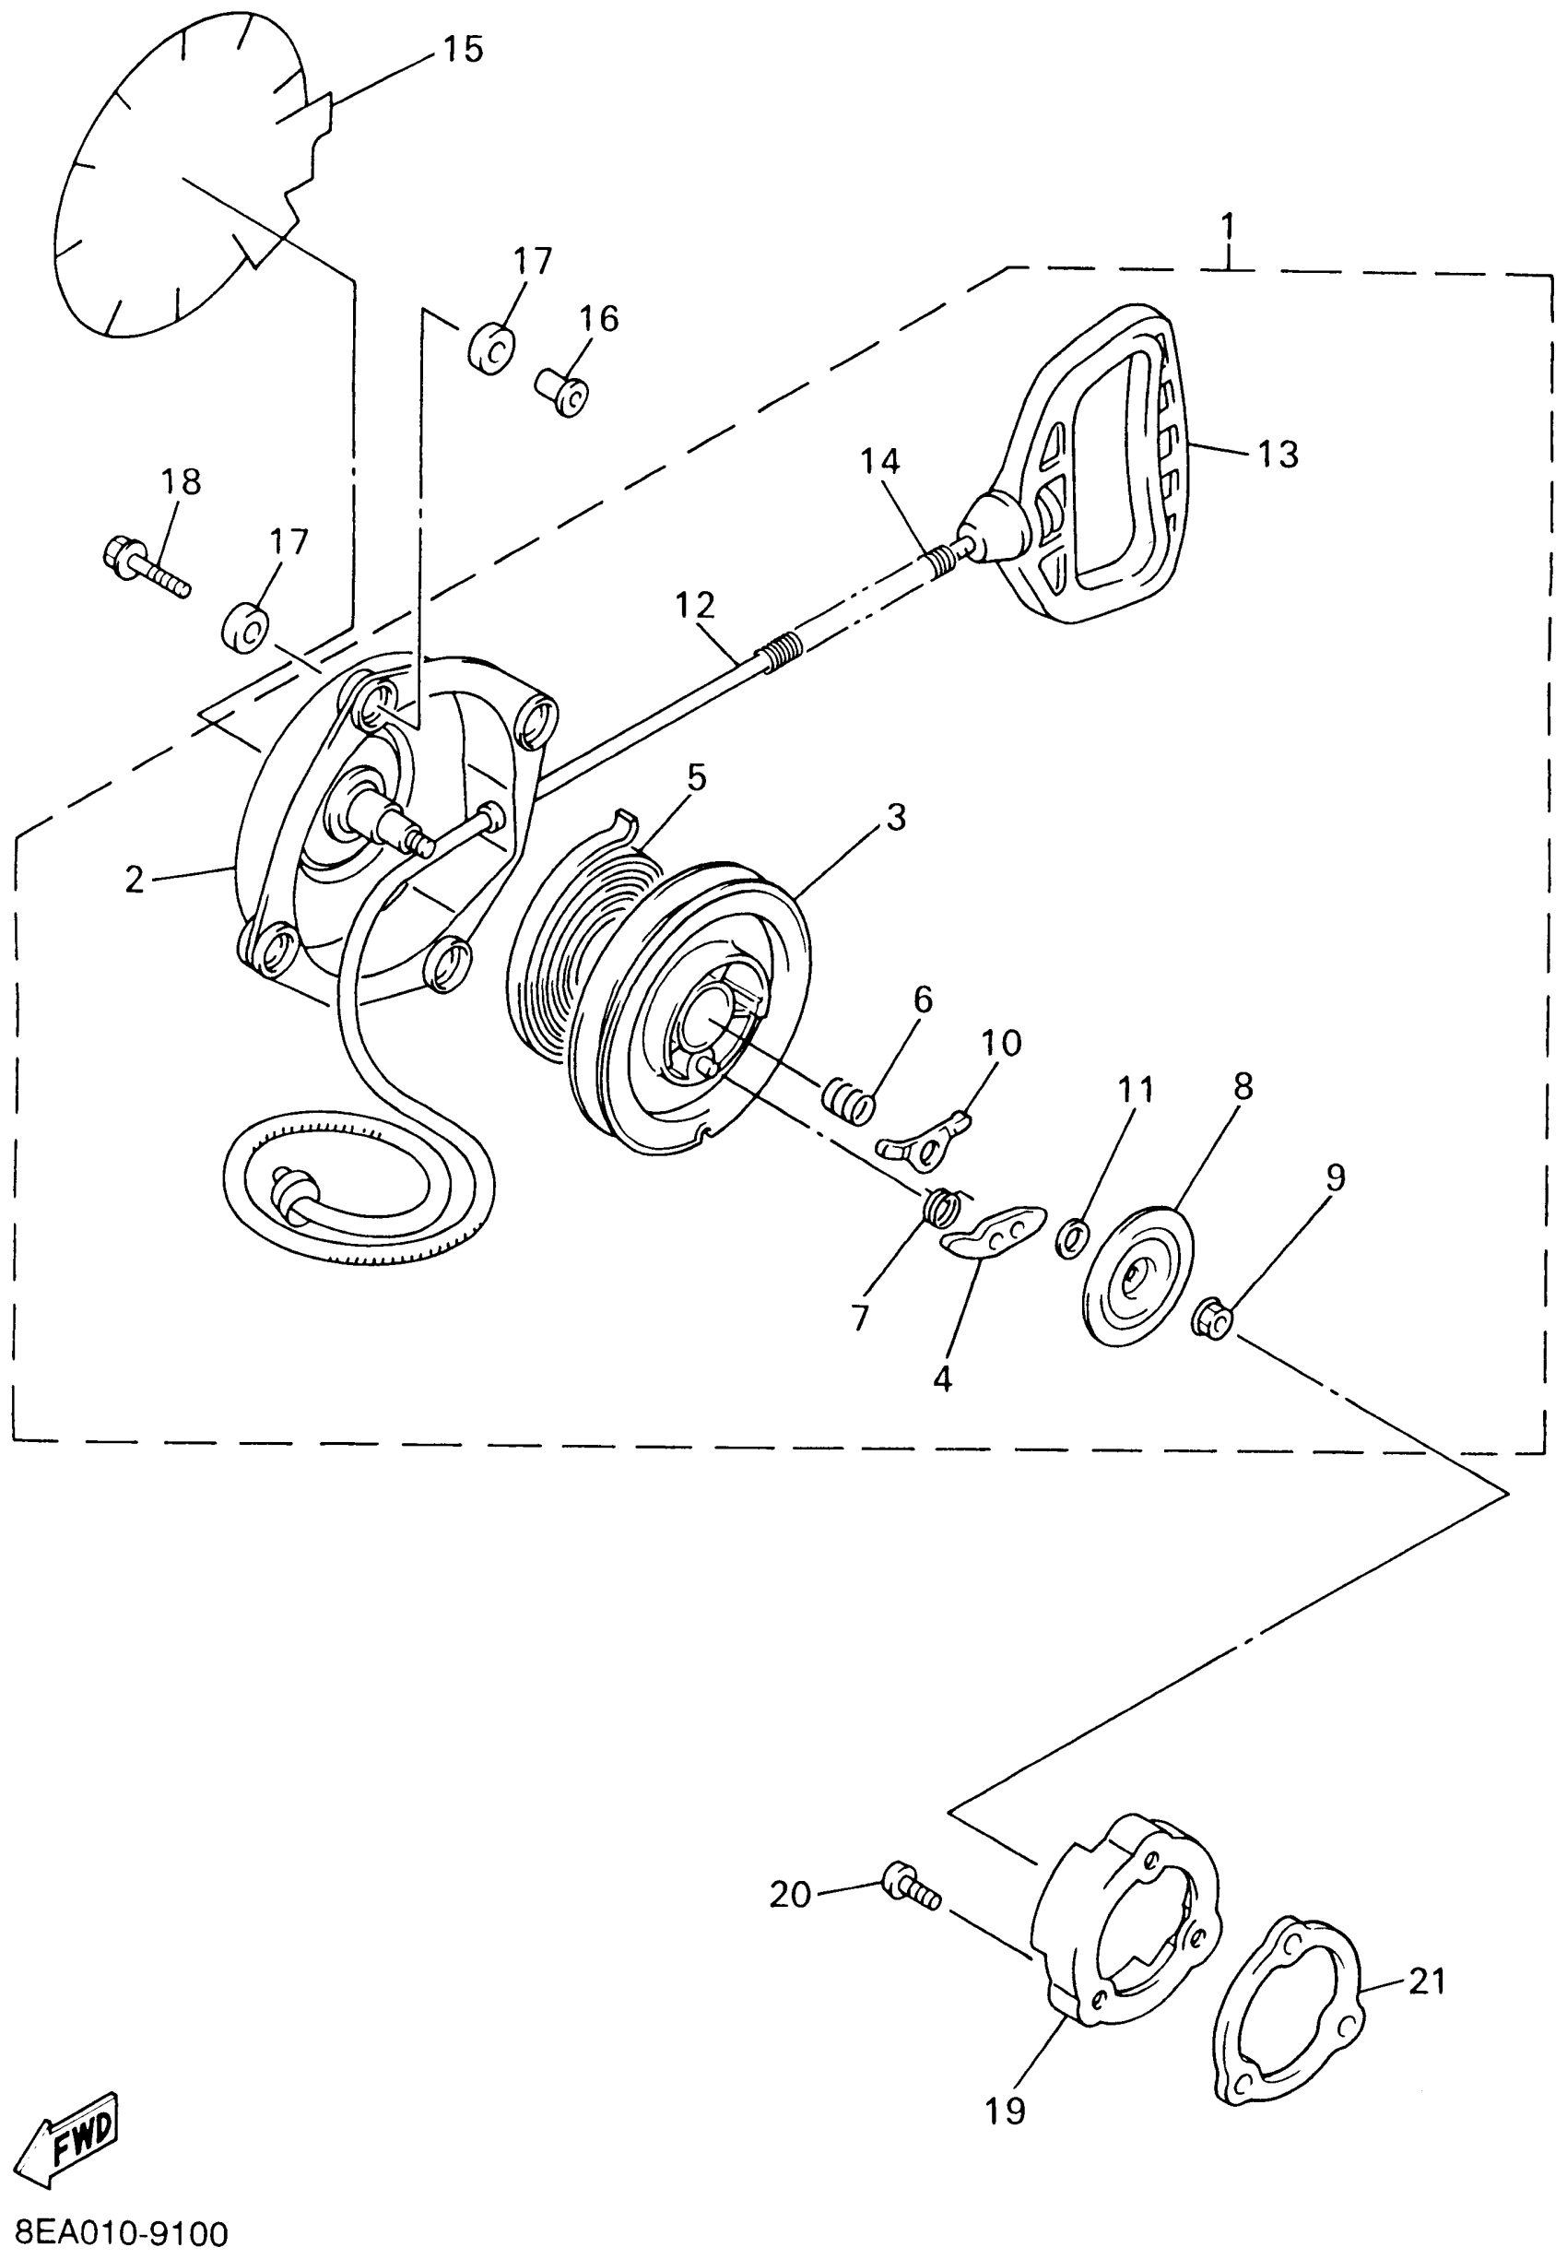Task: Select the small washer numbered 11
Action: pos(1070,1237)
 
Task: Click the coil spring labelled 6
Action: pos(847,1098)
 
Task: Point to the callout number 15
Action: pos(463,48)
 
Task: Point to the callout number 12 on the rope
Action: pos(694,605)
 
